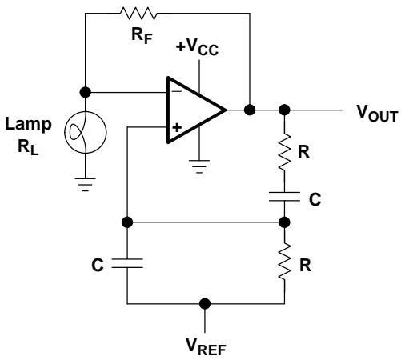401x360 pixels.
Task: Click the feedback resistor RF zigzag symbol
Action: click(138, 14)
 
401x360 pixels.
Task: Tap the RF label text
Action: click(142, 35)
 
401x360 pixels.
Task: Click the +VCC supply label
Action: click(197, 47)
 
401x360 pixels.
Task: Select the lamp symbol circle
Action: click(86, 132)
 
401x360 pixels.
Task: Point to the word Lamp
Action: click(28, 124)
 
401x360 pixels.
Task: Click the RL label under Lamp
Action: click(28, 147)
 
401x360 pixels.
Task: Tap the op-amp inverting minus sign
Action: click(177, 91)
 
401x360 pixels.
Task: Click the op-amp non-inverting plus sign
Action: click(177, 128)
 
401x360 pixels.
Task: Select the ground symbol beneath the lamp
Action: click(86, 185)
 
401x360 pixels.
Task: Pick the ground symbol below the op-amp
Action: click(199, 166)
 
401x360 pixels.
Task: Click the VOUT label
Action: click(377, 114)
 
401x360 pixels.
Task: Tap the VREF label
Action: click(206, 346)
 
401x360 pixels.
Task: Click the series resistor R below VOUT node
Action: click(284, 151)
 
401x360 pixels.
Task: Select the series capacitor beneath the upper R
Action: click(284, 197)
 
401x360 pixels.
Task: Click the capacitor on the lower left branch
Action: click(127, 263)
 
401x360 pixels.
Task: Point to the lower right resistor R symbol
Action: click(284, 261)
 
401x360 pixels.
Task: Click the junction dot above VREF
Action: click(205, 303)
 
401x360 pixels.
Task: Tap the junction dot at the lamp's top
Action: click(86, 92)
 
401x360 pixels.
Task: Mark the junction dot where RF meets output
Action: click(250, 110)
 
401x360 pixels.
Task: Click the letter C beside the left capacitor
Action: click(98, 265)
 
